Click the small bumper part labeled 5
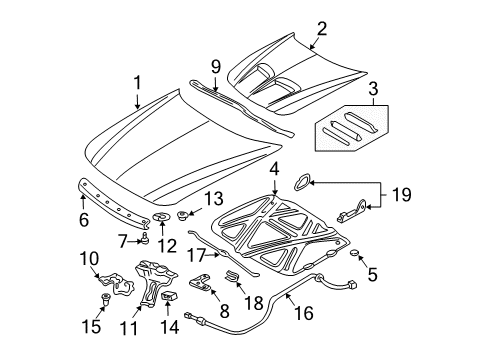354,250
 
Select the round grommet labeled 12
163,220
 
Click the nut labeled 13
184,215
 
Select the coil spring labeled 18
232,272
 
